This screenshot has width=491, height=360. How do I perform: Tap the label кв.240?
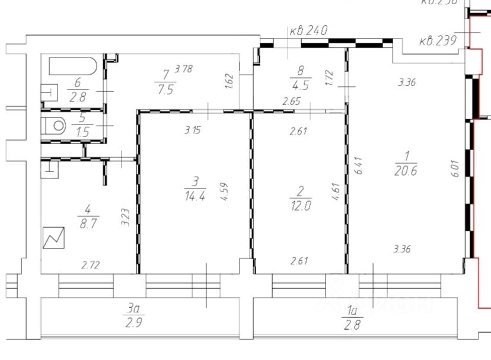click(308, 30)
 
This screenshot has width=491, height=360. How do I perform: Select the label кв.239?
click(437, 41)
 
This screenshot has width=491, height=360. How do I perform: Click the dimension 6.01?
click(455, 170)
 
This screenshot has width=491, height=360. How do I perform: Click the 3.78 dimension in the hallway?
click(184, 70)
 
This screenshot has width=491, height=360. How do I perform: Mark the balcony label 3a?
click(132, 308)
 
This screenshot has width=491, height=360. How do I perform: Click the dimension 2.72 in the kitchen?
click(90, 266)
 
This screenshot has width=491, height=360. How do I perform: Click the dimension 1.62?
click(230, 80)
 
